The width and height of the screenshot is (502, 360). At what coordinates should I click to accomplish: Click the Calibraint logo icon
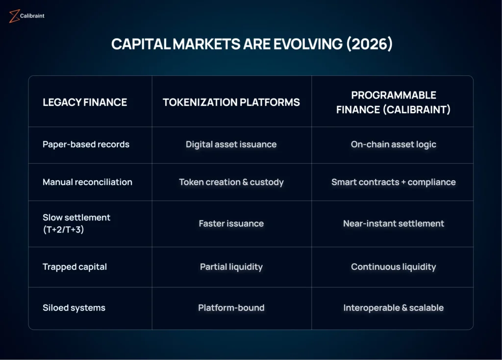tap(14, 16)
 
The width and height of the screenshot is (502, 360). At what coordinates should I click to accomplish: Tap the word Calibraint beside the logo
tap(32, 16)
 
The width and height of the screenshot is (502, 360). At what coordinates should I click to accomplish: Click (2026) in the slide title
tap(370, 44)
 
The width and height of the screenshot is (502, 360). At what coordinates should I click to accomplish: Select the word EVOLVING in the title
tap(308, 44)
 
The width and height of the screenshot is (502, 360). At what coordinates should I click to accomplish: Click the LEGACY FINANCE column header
tap(85, 102)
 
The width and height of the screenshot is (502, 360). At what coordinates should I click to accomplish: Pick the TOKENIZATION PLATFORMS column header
tap(231, 102)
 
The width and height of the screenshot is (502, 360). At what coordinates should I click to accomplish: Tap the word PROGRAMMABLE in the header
tap(394, 95)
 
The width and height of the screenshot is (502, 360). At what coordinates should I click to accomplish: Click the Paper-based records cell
tap(86, 144)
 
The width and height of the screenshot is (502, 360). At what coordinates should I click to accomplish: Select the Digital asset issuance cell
tap(231, 144)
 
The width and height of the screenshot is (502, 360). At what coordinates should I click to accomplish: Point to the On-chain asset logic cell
tap(394, 144)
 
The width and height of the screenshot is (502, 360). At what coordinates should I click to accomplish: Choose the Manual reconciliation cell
tap(87, 182)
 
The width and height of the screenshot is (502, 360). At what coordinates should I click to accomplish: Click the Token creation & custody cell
tap(231, 182)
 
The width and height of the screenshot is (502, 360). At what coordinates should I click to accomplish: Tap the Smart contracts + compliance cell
tap(394, 182)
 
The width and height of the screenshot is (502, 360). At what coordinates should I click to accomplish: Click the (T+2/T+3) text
tap(63, 229)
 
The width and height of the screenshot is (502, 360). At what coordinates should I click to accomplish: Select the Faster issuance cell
tap(231, 223)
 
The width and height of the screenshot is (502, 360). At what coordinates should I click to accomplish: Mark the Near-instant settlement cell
tap(394, 223)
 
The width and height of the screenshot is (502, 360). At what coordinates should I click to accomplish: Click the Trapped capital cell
tap(75, 267)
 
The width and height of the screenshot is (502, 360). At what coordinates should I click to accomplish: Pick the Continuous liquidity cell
tap(394, 267)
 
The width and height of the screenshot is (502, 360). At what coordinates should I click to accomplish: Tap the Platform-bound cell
tap(231, 308)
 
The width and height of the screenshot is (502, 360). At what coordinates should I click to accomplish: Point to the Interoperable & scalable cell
tap(394, 308)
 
